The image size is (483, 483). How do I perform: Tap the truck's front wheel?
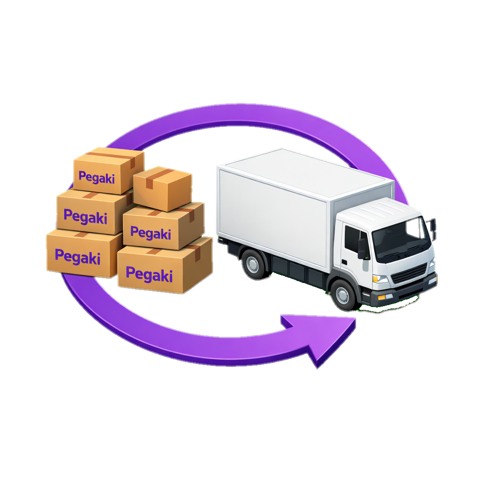(342, 294)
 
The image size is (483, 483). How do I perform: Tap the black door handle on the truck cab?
(344, 262)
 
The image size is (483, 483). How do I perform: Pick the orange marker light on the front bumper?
(381, 297)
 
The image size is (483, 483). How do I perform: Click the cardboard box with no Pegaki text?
(162, 189)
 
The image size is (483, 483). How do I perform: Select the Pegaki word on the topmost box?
(97, 177)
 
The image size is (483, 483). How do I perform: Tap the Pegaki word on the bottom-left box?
(78, 257)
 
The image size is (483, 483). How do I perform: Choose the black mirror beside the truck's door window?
(362, 248)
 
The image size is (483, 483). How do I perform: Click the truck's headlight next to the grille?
(381, 279)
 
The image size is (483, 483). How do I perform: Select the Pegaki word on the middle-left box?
(85, 217)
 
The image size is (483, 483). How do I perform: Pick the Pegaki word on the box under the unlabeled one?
(150, 233)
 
